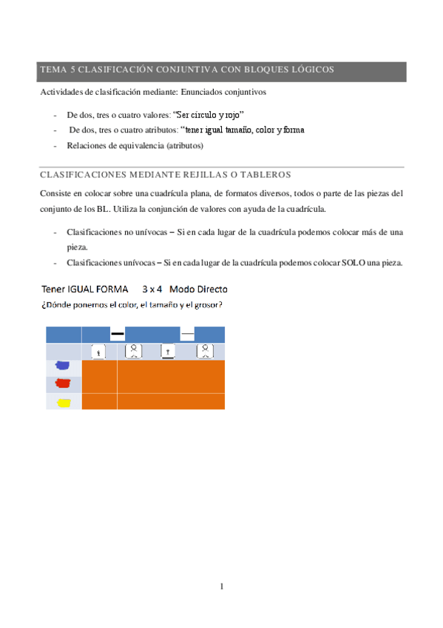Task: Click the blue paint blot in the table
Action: (x=63, y=365)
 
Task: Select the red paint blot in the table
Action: (x=63, y=384)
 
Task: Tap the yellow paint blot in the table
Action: (x=63, y=402)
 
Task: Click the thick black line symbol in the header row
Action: (x=117, y=335)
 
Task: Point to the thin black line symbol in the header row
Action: (x=188, y=335)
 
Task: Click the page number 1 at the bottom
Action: (x=221, y=587)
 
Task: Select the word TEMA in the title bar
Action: (x=53, y=70)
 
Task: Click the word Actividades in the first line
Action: (x=62, y=93)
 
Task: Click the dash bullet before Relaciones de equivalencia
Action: (x=56, y=145)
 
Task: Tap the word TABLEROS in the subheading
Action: (x=263, y=175)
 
